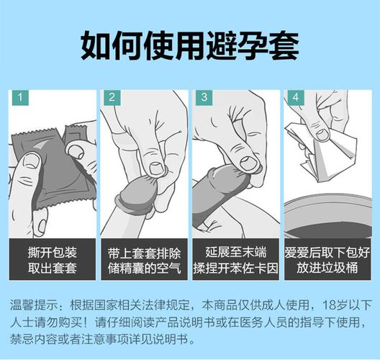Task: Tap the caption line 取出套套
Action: pos(52,269)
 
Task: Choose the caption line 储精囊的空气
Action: pos(144,269)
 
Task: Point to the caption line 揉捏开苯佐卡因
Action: pos(235,269)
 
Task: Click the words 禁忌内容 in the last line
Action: pos(37,338)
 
